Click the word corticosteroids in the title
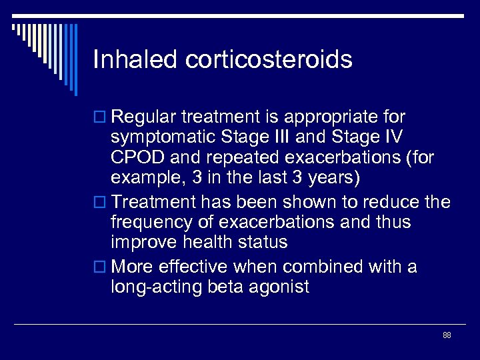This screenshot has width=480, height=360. (x=269, y=60)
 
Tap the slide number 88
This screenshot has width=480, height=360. (x=446, y=335)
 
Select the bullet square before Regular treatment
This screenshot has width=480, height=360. (x=101, y=118)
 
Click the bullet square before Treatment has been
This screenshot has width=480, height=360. (x=101, y=203)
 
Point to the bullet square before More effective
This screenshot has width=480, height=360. (x=101, y=267)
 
